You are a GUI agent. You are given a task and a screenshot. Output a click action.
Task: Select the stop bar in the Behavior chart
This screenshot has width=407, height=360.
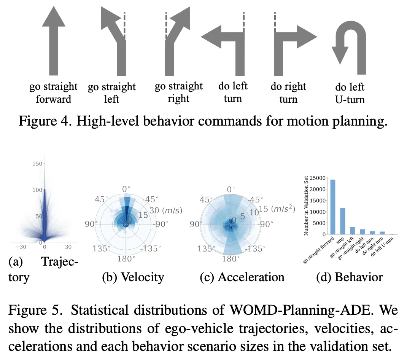[x=342, y=221]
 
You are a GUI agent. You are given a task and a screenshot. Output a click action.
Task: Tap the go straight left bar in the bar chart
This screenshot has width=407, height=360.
[x=352, y=230]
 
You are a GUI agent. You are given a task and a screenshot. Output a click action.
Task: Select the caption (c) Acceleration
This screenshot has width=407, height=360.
[x=242, y=277]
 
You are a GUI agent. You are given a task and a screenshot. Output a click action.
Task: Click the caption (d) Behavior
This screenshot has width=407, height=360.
[x=349, y=277]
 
